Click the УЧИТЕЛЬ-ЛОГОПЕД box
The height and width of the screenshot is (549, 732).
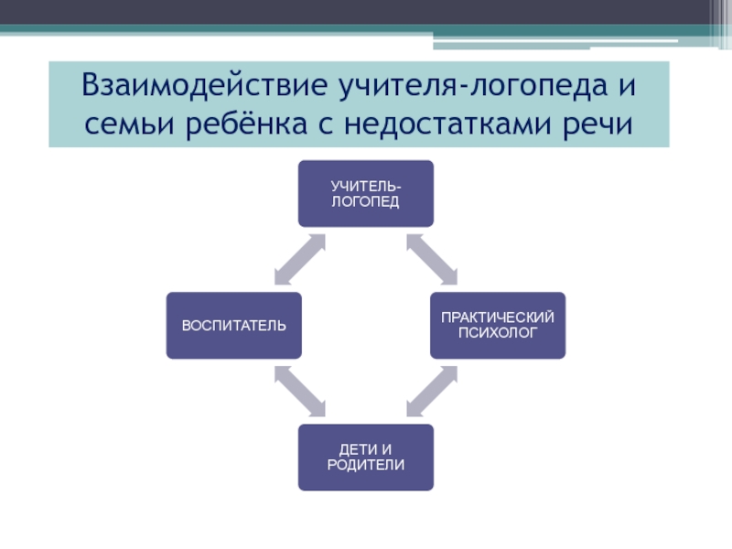coord(365,194)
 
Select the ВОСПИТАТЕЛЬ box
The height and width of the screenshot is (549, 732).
coord(233,325)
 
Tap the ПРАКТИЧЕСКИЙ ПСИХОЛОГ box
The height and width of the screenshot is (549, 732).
coord(498,325)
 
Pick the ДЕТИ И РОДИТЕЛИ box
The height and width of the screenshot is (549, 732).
coord(365,457)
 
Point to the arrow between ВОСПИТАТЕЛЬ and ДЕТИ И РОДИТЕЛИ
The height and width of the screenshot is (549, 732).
coord(299,391)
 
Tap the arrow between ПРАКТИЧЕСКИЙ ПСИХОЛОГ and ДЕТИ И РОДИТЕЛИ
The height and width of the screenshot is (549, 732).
coord(432,391)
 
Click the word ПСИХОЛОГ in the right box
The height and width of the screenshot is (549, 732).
coord(498,333)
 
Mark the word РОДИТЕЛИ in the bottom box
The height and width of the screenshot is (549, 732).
coord(365,465)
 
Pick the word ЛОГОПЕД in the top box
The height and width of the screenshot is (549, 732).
coord(365,201)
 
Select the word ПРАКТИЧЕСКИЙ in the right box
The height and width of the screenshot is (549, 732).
coord(498,318)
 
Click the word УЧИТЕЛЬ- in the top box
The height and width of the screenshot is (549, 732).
coord(365,187)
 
